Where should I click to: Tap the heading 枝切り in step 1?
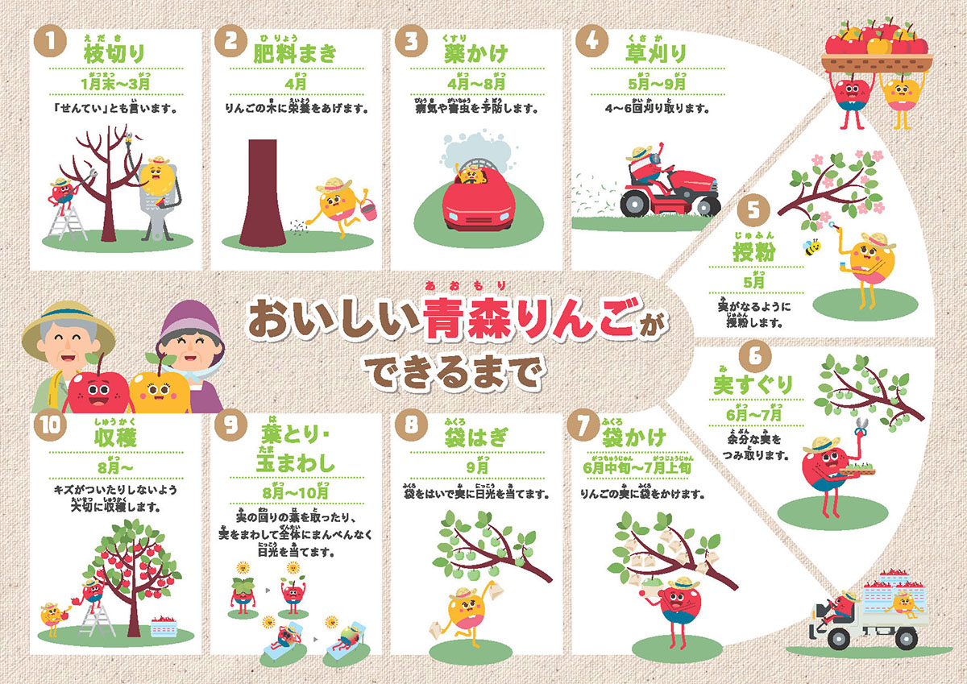coord(114,54)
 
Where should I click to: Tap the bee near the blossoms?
coord(812,244)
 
